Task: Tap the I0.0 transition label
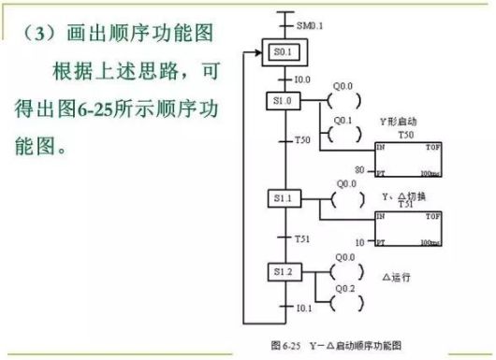pyautogui.click(x=302, y=80)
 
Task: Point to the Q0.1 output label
pyautogui.click(x=344, y=121)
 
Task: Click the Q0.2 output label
pyautogui.click(x=344, y=289)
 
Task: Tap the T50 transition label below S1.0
pyautogui.click(x=302, y=140)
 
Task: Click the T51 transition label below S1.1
pyautogui.click(x=302, y=238)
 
